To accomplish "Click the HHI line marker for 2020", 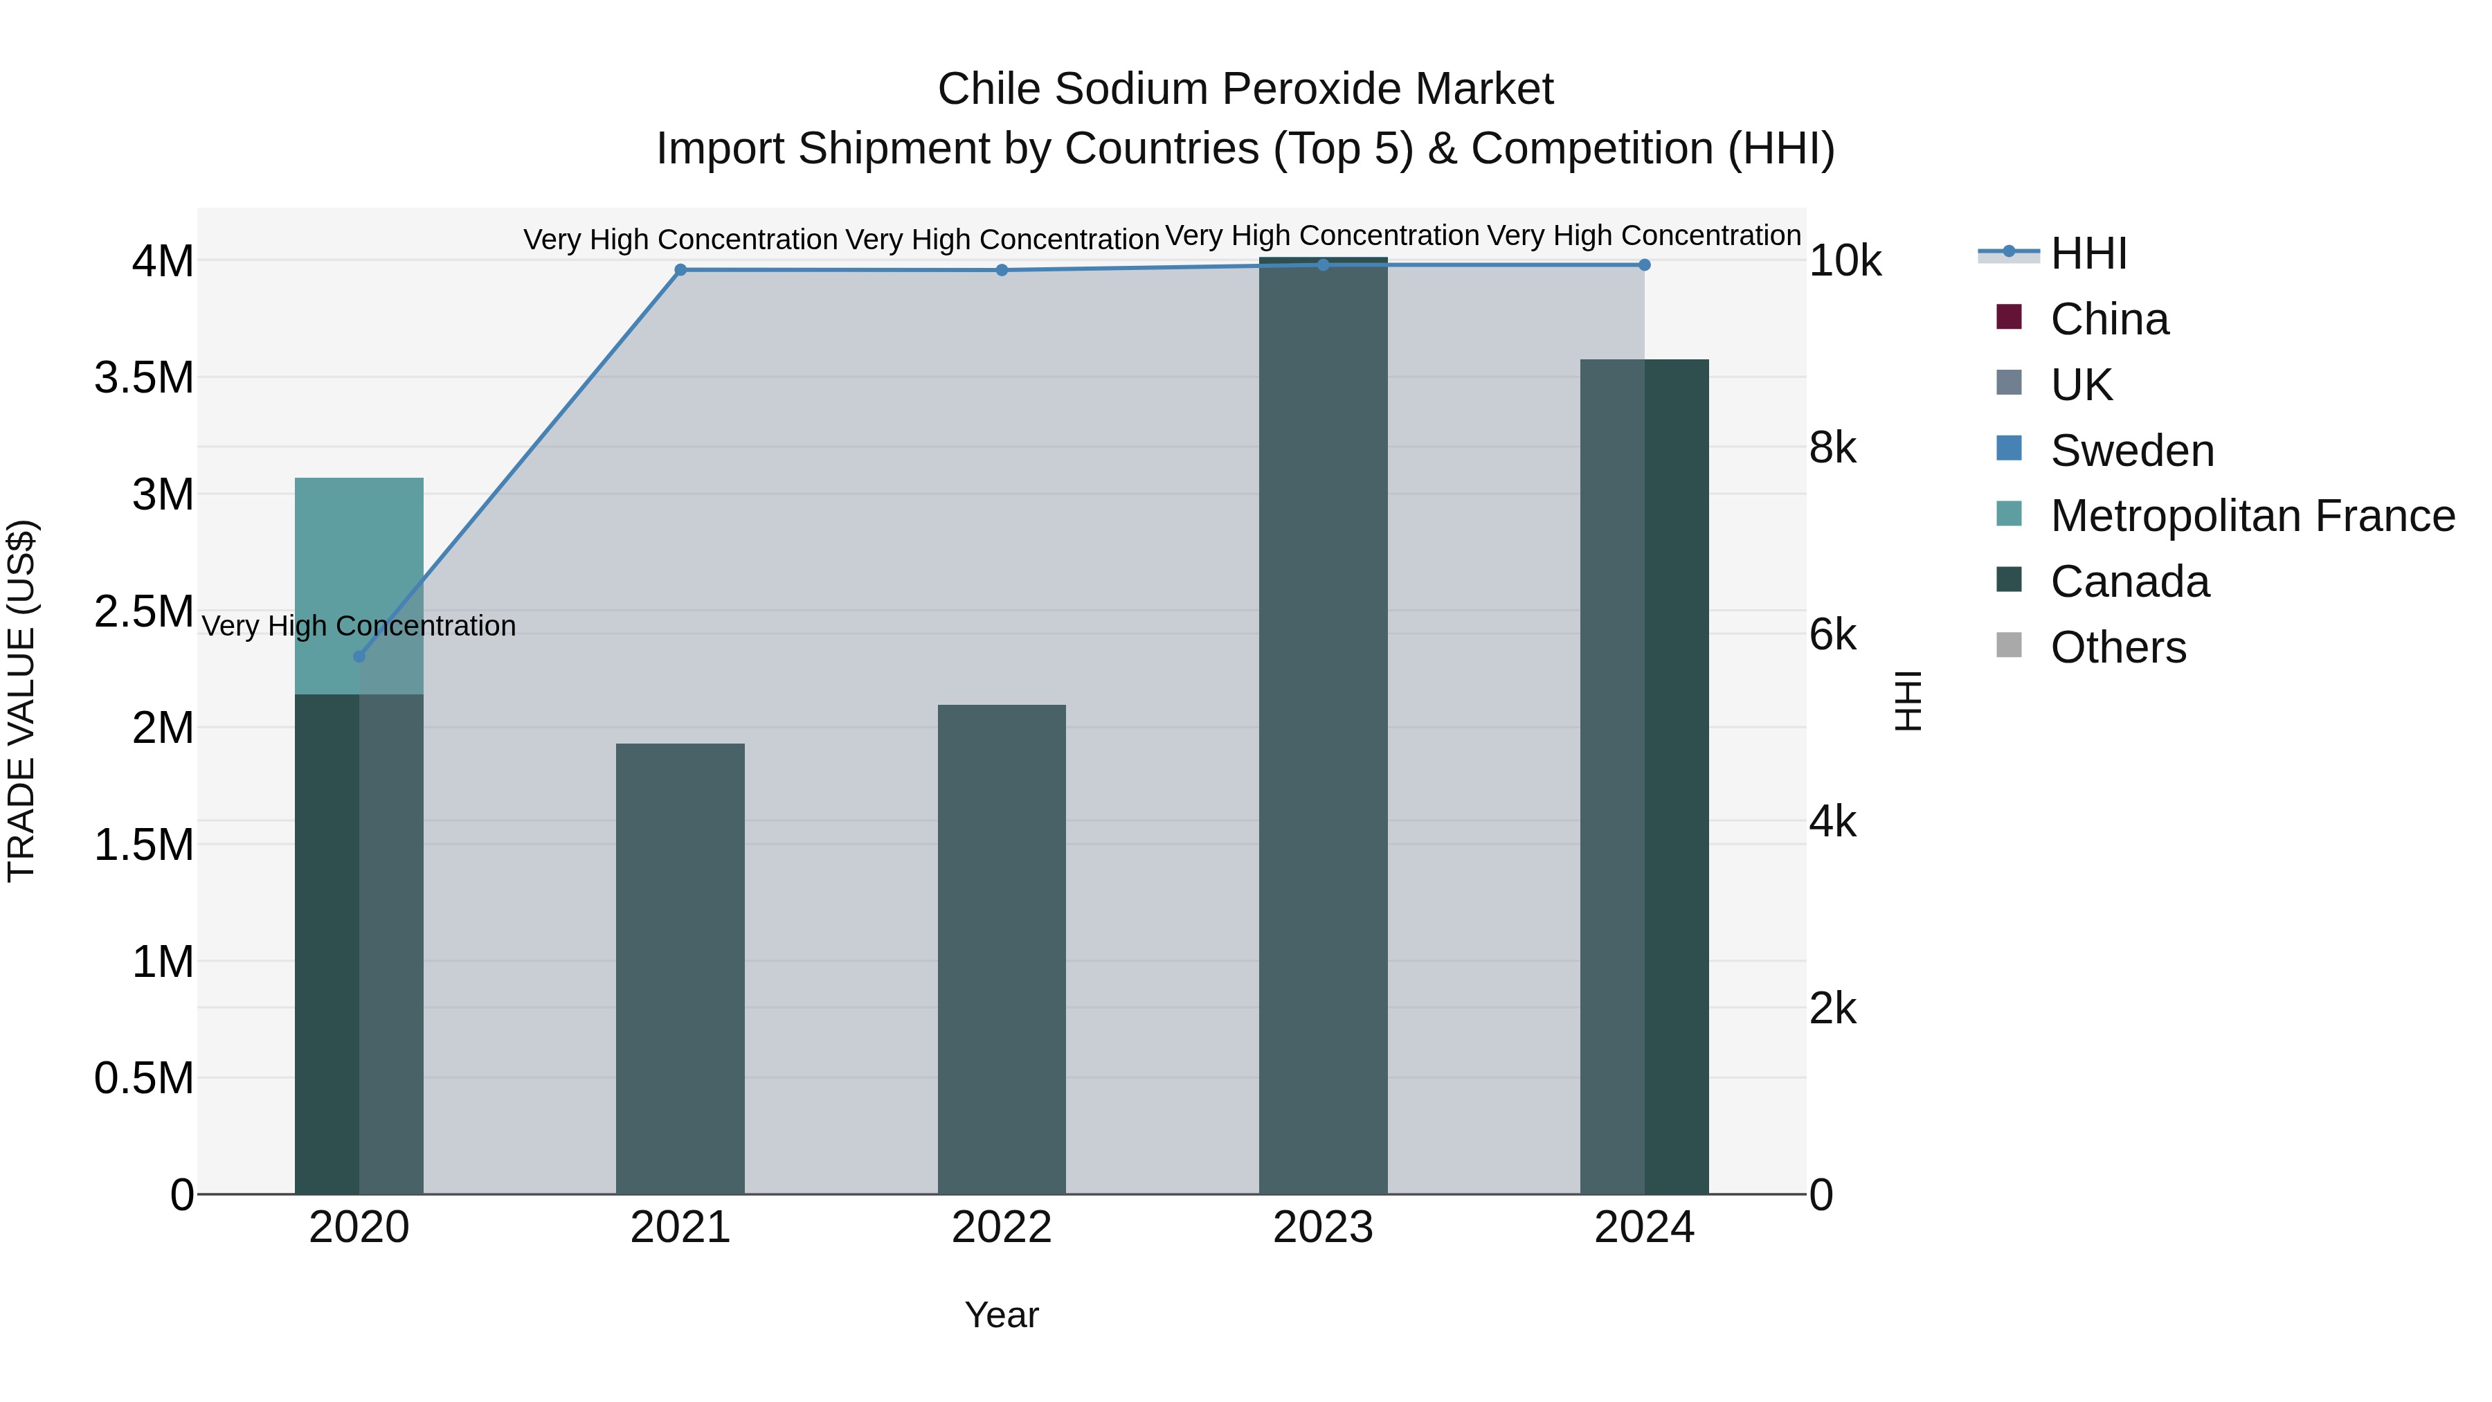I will click(x=359, y=656).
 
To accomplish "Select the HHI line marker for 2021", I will click(x=680, y=270).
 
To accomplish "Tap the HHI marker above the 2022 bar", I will click(x=1001, y=270).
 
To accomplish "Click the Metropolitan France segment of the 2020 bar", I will click(x=359, y=585).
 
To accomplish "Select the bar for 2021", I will click(x=680, y=968).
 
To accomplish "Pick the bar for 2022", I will click(x=1001, y=949).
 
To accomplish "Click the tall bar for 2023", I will click(x=1322, y=726).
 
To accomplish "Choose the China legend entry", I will click(x=2109, y=319).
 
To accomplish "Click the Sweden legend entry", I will click(x=2131, y=451).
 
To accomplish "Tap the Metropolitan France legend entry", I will click(x=2252, y=516).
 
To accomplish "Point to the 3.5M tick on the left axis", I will click(x=144, y=377).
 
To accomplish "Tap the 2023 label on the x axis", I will click(x=1322, y=1228).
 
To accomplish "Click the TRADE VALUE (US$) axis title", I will click(x=21, y=701).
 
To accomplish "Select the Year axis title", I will click(x=1001, y=1315).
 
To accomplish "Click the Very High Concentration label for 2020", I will click(x=359, y=626).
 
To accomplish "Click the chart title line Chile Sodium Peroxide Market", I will click(x=1245, y=89).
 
